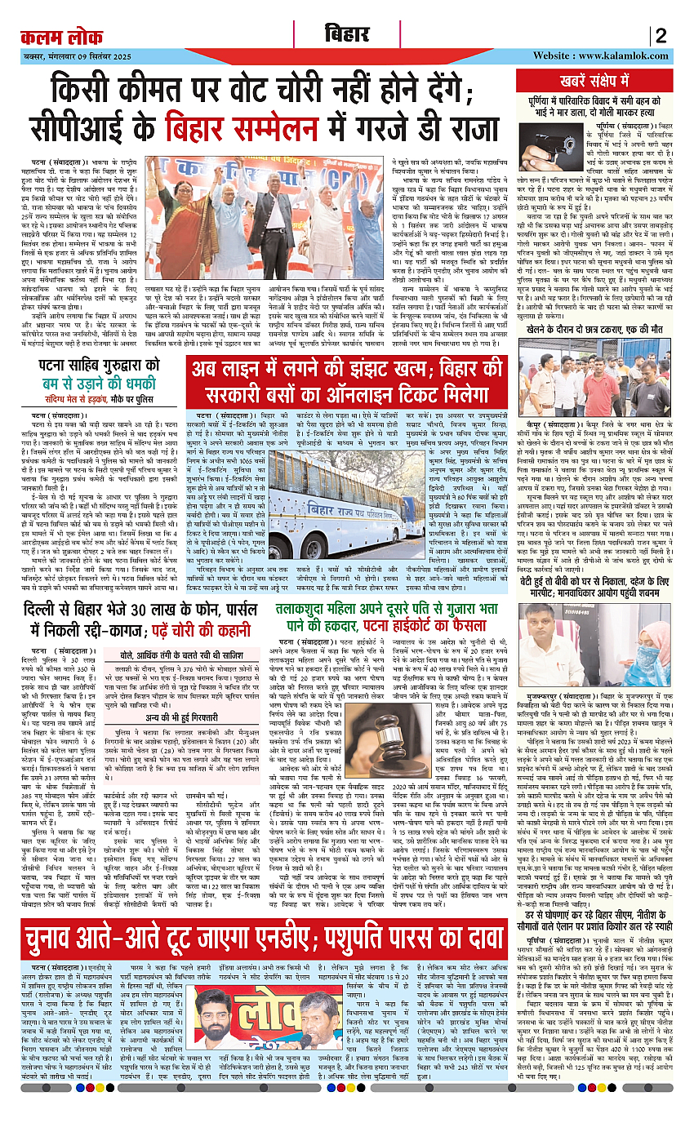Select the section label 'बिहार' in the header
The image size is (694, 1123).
point(348,35)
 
